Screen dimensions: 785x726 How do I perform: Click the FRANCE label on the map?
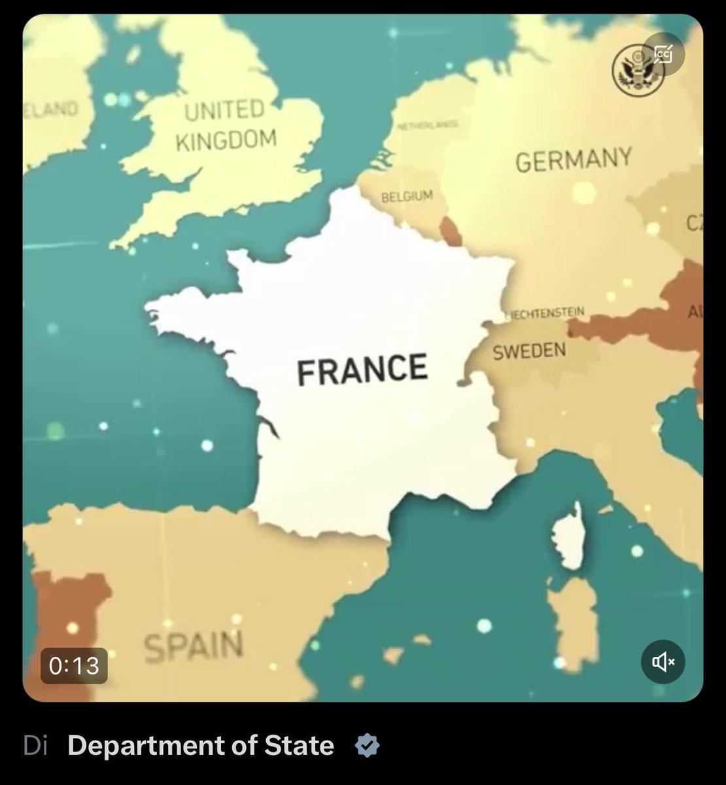(x=362, y=369)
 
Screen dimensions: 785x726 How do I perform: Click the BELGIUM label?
(x=407, y=196)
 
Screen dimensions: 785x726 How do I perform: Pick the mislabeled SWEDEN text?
(x=529, y=351)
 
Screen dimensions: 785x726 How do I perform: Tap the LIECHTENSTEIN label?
(x=545, y=313)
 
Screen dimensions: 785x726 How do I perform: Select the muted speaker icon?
(x=663, y=662)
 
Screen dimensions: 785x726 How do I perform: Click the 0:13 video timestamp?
(x=74, y=666)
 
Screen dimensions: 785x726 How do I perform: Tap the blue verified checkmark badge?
(x=367, y=746)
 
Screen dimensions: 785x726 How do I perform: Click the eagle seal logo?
(x=633, y=71)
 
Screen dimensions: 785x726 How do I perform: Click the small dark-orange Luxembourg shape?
(x=451, y=231)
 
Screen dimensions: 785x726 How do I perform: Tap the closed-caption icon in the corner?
(x=663, y=54)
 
